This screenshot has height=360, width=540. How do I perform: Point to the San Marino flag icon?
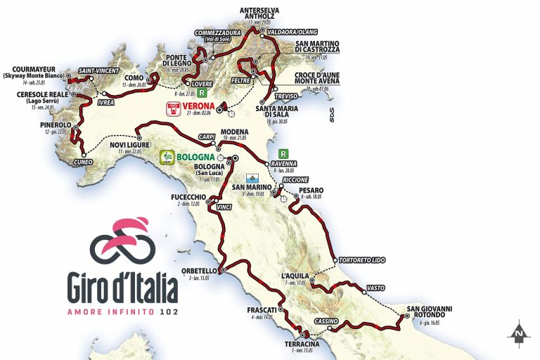tap(252, 179)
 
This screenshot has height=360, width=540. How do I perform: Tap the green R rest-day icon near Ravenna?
tap(283, 153)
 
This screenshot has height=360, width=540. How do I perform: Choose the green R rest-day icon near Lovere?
tap(202, 93)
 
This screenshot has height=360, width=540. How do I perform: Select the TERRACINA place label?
tap(302, 344)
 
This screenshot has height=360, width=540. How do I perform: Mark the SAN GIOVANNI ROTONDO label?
tap(428, 311)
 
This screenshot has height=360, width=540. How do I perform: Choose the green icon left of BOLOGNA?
tap(167, 157)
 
